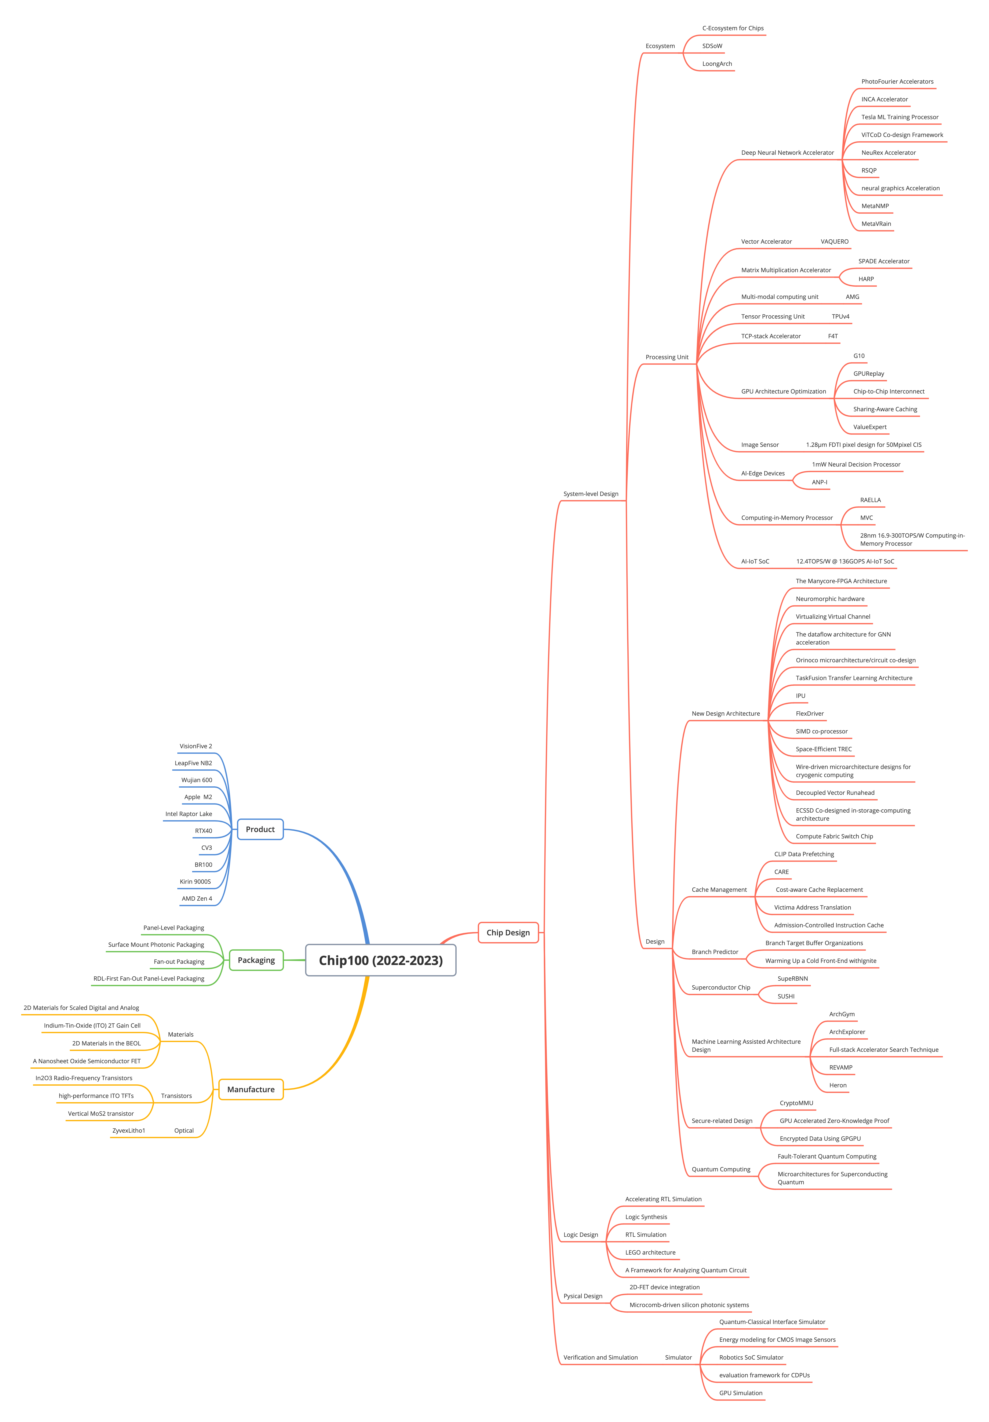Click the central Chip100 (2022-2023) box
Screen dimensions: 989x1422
tap(380, 960)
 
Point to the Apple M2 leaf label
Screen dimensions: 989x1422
tap(198, 797)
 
